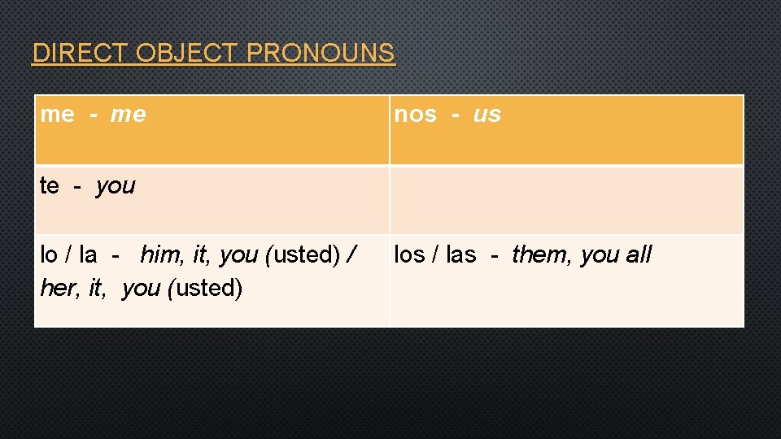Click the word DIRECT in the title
[79, 54]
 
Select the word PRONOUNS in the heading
[320, 54]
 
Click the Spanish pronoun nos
[415, 115]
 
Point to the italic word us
[486, 115]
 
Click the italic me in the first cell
[128, 115]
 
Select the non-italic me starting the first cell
[56, 115]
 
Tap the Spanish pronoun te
[49, 186]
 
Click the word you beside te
[115, 186]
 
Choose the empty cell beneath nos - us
[566, 200]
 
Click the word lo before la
[48, 255]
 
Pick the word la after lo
[88, 255]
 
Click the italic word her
[55, 289]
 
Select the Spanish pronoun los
[408, 255]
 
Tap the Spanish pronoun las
[460, 255]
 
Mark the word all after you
[639, 255]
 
